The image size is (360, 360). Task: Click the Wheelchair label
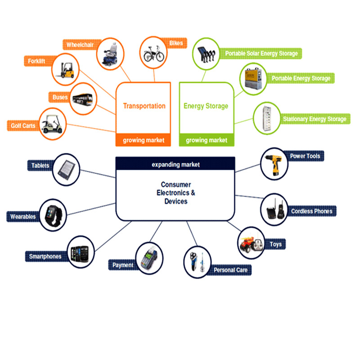point(80,45)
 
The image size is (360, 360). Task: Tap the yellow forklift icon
point(66,70)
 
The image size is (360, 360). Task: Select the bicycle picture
point(153,54)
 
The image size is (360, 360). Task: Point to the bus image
point(83,99)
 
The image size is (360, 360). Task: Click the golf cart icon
point(52,124)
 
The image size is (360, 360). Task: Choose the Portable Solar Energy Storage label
point(261,54)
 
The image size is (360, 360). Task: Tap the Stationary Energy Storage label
point(315,119)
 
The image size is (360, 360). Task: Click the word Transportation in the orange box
point(144,106)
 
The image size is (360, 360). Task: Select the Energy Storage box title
point(206,106)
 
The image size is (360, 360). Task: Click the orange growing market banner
point(143,140)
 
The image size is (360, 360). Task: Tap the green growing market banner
point(207,140)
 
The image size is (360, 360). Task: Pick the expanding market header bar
point(175,164)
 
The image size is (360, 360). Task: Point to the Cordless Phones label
point(311,211)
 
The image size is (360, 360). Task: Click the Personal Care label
point(230,270)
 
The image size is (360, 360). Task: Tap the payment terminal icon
point(149,258)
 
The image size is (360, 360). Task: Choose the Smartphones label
point(45,256)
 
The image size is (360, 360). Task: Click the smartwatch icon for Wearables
point(54,216)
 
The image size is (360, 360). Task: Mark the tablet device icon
point(67,170)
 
